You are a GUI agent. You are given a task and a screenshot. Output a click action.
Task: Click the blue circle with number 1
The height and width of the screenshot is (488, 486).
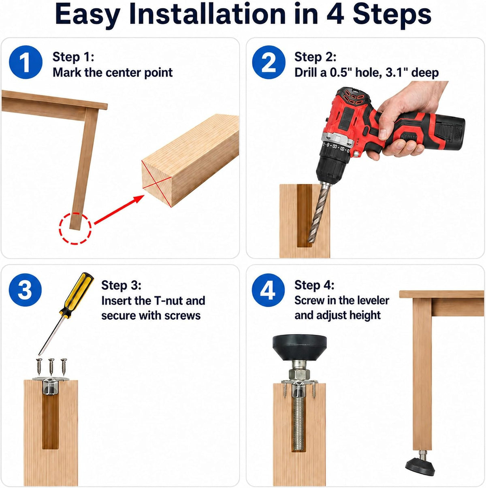[x=26, y=62]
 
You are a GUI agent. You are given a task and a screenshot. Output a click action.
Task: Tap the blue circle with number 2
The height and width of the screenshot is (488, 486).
[x=269, y=62]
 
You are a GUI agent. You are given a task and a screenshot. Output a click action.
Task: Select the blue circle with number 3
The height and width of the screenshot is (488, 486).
[x=26, y=290]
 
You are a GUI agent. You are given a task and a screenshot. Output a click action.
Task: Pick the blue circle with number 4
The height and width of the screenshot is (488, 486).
[x=269, y=290]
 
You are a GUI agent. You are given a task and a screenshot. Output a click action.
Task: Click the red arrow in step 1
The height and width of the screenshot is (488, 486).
[x=119, y=210]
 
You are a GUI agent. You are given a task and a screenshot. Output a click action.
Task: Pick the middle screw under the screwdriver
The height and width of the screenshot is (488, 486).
[x=51, y=366]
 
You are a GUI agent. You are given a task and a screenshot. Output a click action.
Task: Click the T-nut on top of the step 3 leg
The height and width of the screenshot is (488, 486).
[x=51, y=386]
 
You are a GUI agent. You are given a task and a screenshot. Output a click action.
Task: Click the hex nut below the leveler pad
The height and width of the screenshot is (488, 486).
[x=300, y=374]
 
